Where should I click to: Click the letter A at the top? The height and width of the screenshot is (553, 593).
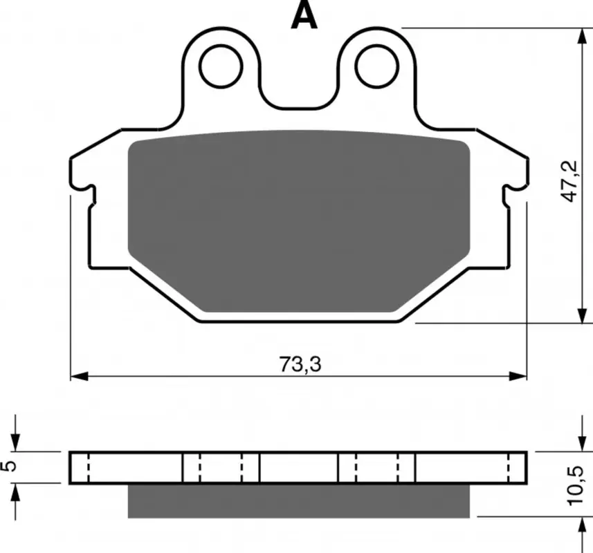click(304, 16)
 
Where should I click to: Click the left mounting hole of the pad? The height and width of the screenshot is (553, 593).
click(221, 66)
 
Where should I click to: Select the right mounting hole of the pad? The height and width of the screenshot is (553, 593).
click(377, 66)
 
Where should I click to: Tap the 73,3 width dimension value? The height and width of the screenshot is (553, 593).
click(300, 364)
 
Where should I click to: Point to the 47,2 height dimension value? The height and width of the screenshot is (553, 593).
click(569, 181)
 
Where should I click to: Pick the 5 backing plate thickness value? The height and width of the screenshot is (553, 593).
click(10, 467)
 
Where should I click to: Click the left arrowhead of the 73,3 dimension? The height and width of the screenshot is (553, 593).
click(80, 376)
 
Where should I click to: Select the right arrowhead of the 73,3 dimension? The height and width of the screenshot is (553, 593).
click(518, 376)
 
